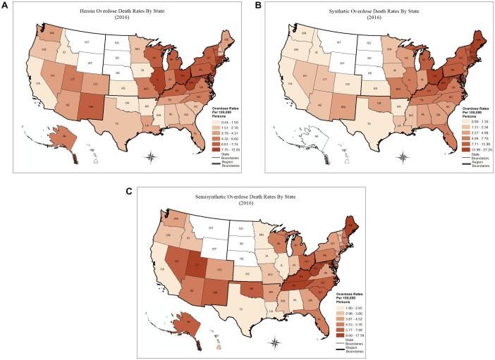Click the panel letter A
5,5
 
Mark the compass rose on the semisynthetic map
276,342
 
